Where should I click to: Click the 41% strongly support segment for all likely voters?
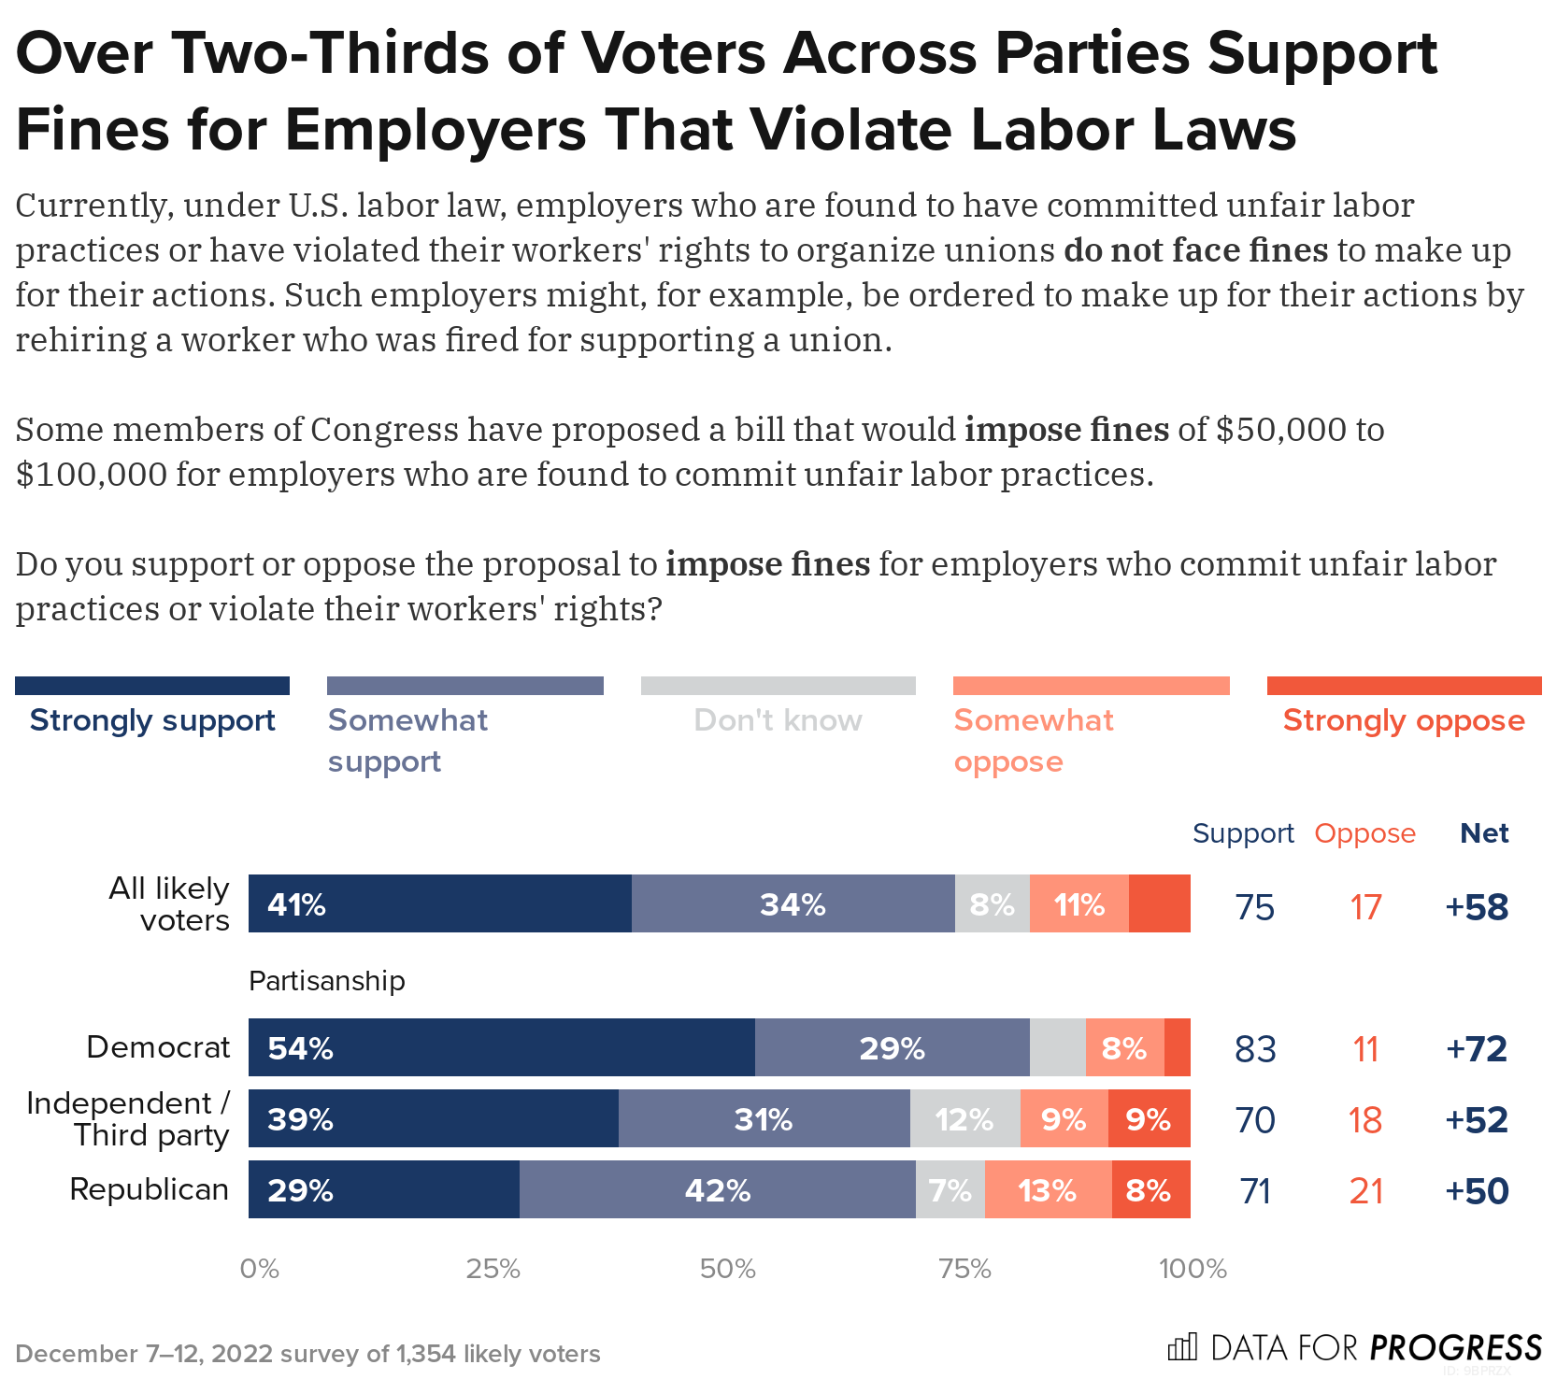439,903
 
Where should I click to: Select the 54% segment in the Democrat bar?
501,1047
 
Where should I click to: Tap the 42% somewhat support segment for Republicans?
717,1189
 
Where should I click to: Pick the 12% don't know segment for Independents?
964,1118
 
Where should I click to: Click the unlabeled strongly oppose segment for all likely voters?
1159,903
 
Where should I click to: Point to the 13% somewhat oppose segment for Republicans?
1048,1189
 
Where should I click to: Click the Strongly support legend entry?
152,720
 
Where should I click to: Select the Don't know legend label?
778,720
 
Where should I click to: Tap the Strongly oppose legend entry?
1403,720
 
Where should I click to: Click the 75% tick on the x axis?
964,1268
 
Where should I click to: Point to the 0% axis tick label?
260,1268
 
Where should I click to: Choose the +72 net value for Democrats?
1476,1048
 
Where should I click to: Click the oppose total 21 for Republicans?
1365,1191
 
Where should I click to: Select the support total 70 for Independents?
1254,1119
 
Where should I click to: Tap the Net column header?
1484,832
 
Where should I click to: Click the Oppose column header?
1364,832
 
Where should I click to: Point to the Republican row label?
150,1189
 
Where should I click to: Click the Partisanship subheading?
327,980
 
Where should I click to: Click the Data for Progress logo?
1355,1347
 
